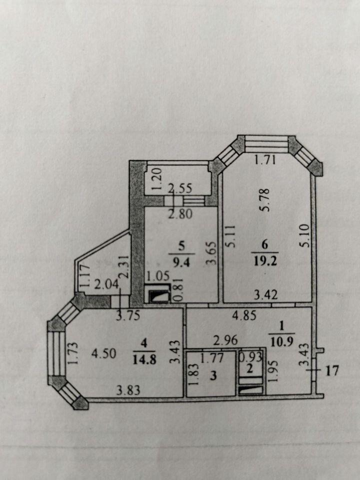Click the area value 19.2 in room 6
coord(265,261)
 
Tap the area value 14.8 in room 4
coord(144,359)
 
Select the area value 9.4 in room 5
coord(182,262)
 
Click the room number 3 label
coord(213,375)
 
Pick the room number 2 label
coord(250,368)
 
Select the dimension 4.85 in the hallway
coord(244,315)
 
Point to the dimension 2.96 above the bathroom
coord(225,340)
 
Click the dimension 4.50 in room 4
coord(104,353)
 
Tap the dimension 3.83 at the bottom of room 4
coord(128,390)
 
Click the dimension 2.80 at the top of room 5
coord(180,213)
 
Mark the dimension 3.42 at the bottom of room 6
coord(266,294)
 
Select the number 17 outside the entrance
coord(332,370)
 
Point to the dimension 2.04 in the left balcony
coord(106,284)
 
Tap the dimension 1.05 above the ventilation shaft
coord(157,276)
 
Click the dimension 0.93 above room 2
coord(250,357)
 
